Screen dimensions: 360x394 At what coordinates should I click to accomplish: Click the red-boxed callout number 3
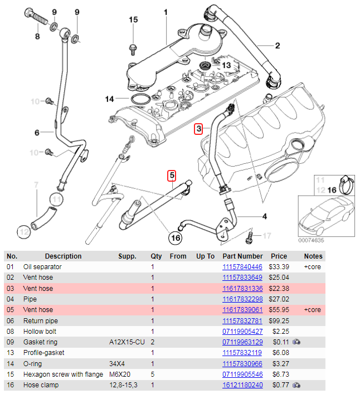(198, 129)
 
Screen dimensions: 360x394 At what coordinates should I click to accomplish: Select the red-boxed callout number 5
(172, 176)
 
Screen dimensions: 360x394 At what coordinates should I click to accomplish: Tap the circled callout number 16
(176, 238)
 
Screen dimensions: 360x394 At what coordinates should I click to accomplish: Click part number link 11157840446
(242, 266)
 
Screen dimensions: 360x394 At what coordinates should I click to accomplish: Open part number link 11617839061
(242, 310)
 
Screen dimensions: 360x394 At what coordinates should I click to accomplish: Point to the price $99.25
(279, 320)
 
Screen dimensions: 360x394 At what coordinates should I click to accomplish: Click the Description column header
(64, 256)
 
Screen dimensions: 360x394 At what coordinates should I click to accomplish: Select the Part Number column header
(242, 256)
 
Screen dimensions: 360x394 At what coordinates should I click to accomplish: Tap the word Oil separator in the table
(42, 267)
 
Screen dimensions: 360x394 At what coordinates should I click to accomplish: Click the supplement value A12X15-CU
(127, 342)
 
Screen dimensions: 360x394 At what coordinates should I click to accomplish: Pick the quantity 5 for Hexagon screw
(153, 374)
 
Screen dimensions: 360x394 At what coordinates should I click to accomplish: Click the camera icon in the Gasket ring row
(296, 342)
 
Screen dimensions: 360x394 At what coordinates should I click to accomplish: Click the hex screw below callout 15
(133, 50)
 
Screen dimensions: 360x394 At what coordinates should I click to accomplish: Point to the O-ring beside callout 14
(140, 99)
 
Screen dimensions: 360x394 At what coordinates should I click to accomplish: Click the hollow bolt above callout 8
(37, 16)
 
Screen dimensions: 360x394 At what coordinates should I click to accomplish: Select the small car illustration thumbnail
(327, 216)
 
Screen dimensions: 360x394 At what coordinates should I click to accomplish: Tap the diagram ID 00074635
(311, 240)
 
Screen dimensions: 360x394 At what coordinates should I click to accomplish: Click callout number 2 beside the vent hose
(278, 46)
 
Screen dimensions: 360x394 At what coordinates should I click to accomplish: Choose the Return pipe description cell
(41, 320)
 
